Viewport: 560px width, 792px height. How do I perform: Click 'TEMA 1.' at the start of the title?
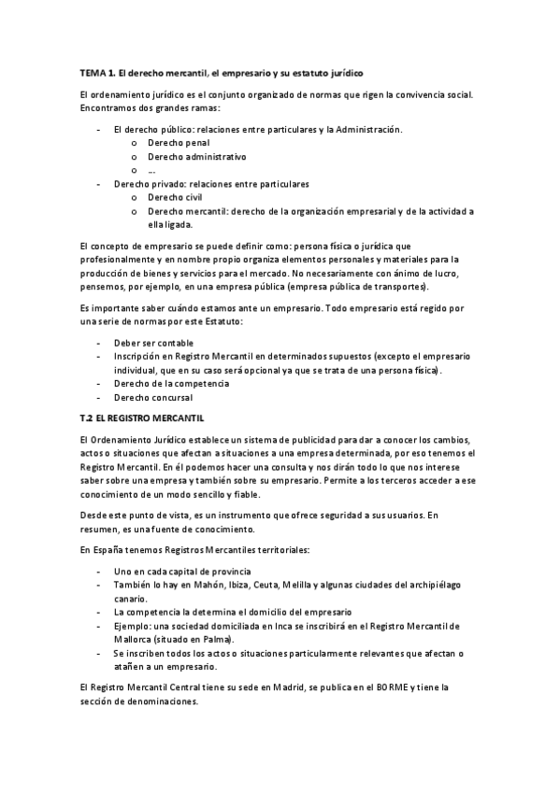tap(95, 72)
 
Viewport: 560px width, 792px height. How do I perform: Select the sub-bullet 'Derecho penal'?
tap(178, 143)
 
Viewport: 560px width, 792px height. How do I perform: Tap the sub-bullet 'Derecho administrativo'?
tap(196, 157)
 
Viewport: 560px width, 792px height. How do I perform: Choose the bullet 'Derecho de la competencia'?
tap(170, 383)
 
